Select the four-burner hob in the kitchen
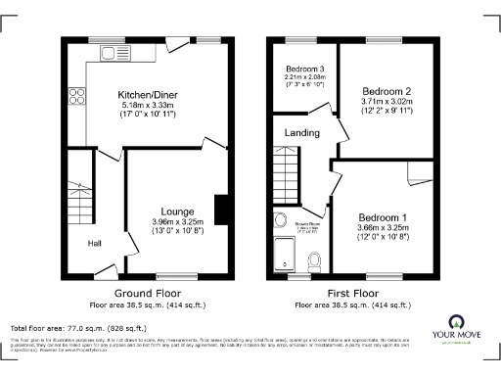[76, 96]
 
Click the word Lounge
[177, 211]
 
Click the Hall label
[95, 244]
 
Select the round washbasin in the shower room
[280, 220]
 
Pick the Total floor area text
[78, 328]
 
